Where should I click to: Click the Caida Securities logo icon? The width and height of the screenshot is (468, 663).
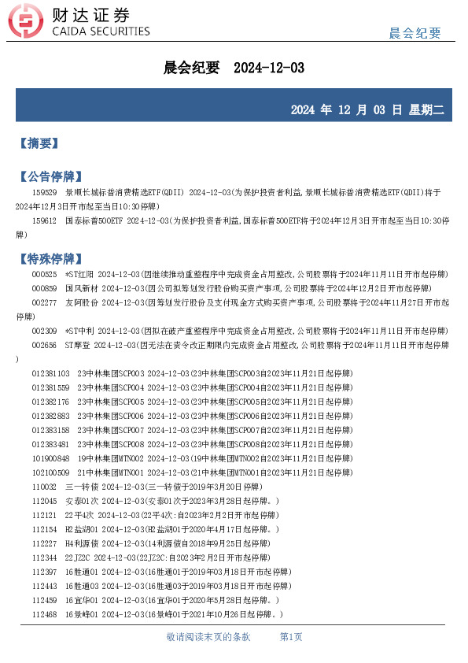30,23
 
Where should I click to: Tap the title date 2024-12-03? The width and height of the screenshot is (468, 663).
269,69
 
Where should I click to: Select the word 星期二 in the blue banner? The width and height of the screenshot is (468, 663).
426,109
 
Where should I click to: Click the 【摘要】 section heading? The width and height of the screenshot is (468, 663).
39,143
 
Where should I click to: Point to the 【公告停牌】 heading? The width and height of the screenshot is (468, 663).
50,176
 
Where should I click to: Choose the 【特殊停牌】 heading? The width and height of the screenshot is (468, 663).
50,258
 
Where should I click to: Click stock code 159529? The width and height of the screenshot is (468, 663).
44,192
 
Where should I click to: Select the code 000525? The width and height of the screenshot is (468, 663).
44,274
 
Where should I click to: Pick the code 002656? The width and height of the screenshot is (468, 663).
44,345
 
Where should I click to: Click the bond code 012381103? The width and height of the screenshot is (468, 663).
50,373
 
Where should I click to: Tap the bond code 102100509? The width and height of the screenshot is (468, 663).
50,472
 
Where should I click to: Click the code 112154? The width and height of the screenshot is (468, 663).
44,529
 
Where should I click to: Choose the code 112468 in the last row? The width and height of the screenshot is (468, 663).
44,614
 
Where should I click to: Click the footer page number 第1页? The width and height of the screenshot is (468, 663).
291,636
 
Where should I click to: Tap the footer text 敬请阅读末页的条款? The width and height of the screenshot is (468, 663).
208,636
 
